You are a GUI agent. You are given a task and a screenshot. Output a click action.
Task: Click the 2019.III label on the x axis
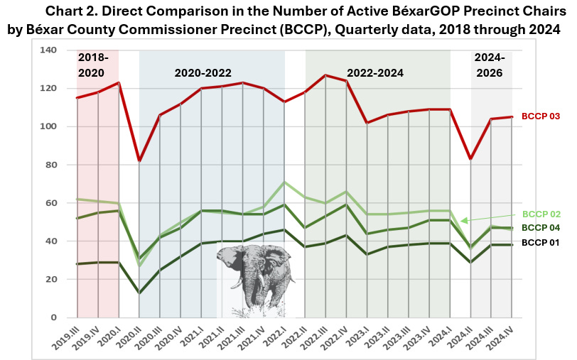pyautogui.click(x=67, y=337)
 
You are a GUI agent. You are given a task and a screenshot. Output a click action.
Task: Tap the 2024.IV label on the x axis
pyautogui.click(x=502, y=337)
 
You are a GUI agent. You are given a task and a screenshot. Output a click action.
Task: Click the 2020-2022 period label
pyautogui.click(x=203, y=73)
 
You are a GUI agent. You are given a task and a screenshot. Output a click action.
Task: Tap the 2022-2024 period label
pyautogui.click(x=374, y=73)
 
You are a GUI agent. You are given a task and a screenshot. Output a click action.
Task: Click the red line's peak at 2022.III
pyautogui.click(x=326, y=75)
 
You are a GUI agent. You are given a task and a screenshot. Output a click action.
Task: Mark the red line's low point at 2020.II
pyautogui.click(x=139, y=160)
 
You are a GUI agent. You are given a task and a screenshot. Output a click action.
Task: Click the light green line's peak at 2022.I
pyautogui.click(x=284, y=182)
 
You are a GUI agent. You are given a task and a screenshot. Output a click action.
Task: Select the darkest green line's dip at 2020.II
pyautogui.click(x=139, y=293)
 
